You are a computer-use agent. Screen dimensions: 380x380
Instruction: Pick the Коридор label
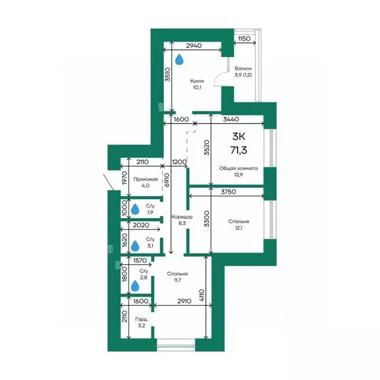tap(182, 217)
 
